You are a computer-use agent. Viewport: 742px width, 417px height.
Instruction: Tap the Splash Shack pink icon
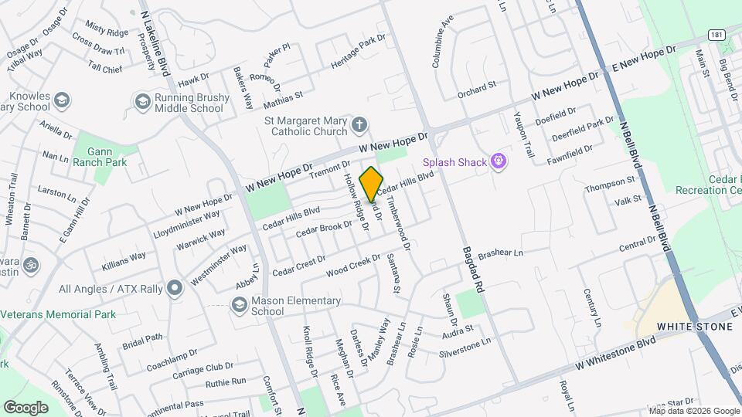click(499, 162)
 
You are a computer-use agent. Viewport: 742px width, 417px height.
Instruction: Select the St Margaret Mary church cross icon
click(359, 124)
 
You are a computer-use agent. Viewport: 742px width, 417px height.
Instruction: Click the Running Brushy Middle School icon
click(142, 101)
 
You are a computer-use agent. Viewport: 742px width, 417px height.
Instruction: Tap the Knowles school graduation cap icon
click(62, 100)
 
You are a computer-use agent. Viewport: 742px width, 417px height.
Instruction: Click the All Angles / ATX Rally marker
click(175, 289)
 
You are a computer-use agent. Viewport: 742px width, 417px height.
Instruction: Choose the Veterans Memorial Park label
click(58, 314)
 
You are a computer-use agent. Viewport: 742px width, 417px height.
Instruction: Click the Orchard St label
click(476, 89)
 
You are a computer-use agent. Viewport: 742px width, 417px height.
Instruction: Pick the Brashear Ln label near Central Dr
click(501, 253)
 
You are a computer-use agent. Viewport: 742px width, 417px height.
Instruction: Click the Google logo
click(26, 407)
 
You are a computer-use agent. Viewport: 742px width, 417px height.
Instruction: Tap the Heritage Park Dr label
click(358, 50)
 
